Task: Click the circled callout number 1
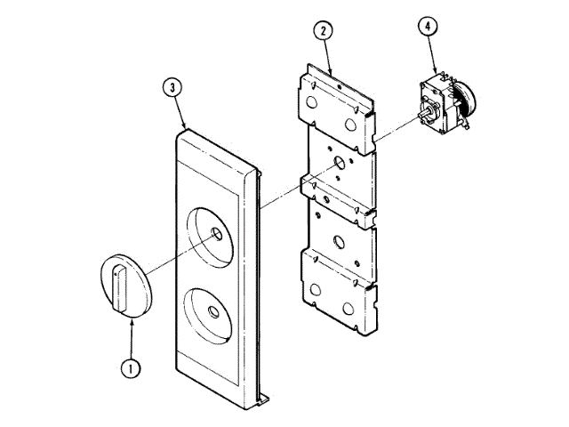tap(132, 365)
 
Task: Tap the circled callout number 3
tap(173, 87)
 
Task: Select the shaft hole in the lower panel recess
tap(213, 310)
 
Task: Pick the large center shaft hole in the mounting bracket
tap(339, 165)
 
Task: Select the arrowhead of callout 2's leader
tap(331, 73)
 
